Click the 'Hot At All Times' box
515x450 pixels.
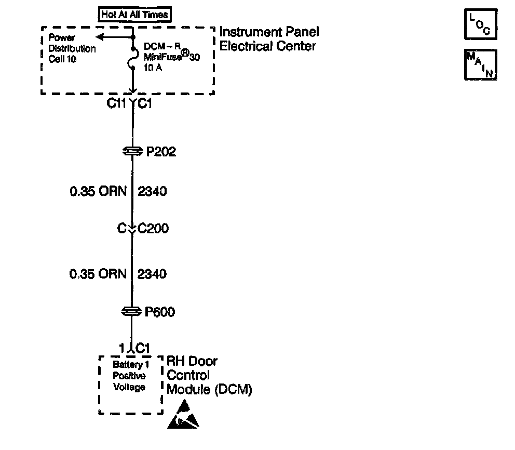[134, 15]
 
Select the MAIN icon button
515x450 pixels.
[480, 65]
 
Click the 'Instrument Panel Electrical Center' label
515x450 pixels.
[269, 39]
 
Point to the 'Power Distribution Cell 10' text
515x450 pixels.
[72, 48]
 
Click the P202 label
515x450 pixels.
[160, 152]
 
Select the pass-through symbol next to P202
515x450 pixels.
[132, 151]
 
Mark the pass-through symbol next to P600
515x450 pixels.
[132, 311]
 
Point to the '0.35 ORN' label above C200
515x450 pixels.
[98, 191]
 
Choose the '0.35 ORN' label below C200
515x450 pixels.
[98, 273]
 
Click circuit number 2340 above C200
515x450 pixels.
[152, 191]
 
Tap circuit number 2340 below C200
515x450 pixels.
[152, 273]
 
